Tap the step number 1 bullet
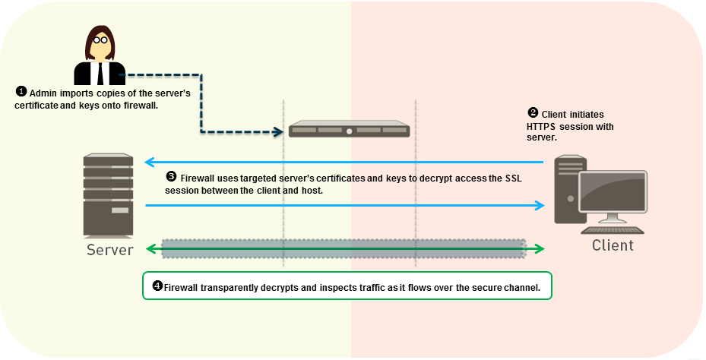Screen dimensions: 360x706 tap(21, 91)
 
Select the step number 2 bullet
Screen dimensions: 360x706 tap(533, 112)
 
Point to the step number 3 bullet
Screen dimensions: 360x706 tap(171, 177)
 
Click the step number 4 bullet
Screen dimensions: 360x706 tap(157, 286)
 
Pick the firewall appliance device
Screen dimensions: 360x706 tap(349, 129)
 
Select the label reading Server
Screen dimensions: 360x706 tap(110, 250)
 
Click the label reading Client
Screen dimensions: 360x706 tap(613, 245)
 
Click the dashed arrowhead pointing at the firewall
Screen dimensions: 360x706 tap(279, 131)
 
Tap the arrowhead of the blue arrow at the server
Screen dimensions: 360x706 tap(149, 162)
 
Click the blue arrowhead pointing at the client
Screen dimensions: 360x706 tap(540, 205)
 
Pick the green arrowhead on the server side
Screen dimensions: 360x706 tap(150, 248)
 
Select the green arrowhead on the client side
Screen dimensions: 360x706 tap(540, 248)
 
